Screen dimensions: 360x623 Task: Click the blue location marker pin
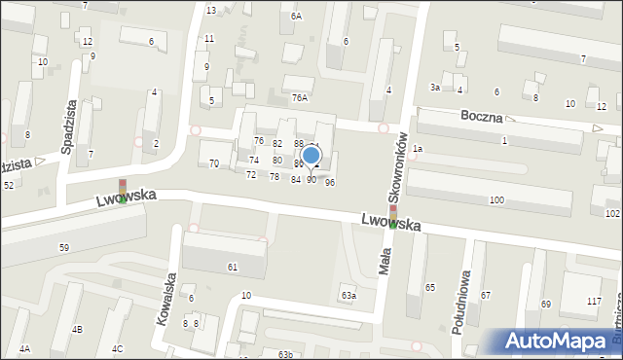pos(311,155)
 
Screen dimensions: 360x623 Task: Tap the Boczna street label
pos(483,117)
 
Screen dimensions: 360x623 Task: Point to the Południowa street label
pos(460,302)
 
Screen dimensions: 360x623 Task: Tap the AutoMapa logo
pos(560,342)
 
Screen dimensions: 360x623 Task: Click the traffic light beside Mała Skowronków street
pos(393,214)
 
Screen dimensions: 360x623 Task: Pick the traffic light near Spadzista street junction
pos(123,190)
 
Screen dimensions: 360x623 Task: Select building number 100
pos(496,199)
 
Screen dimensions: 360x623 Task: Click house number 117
pos(594,302)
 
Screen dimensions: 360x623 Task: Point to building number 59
pos(63,248)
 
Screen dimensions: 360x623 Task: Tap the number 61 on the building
pos(233,267)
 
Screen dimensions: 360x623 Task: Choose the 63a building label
pos(348,295)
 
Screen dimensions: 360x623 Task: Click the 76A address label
pos(300,97)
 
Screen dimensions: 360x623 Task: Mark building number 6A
pos(296,17)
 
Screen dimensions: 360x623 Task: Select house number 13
pos(211,10)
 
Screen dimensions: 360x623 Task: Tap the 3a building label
pos(436,88)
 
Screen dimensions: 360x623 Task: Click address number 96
pos(330,183)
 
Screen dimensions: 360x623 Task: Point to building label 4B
pos(77,329)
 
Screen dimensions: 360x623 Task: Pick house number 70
pos(214,163)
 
